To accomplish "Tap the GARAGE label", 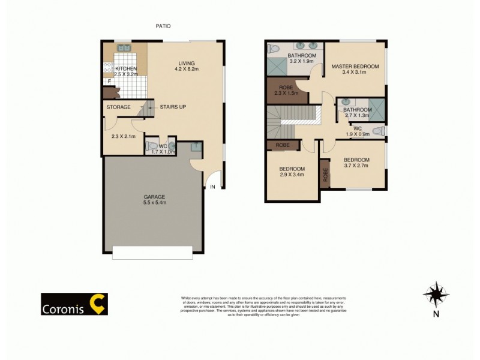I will point(154,197).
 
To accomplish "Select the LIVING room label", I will point(187,63).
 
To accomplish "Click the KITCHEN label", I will point(127,69).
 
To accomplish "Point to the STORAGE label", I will point(118,107).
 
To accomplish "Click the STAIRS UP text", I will point(173,107).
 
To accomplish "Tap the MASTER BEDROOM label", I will point(355,67).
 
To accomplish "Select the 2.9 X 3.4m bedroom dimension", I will point(292,175).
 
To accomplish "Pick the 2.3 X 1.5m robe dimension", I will point(286,94).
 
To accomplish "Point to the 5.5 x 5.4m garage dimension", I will point(154,203).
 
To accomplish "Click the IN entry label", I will point(212,187).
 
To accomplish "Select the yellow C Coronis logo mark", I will point(97,303).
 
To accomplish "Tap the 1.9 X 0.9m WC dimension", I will point(357,134).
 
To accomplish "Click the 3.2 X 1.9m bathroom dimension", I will point(302,61).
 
